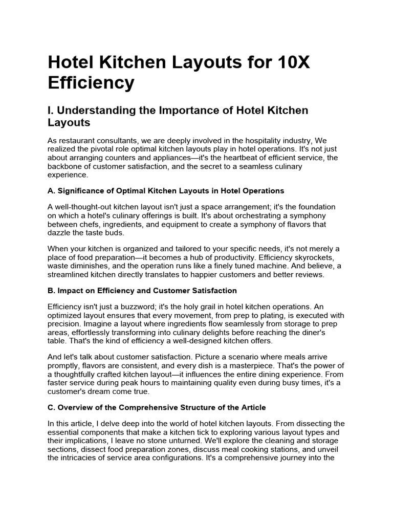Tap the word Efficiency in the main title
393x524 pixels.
coord(91,82)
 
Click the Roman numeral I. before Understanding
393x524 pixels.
coord(51,111)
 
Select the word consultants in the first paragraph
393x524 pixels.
coord(120,140)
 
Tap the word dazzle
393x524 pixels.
coord(60,233)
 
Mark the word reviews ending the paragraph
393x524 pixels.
coord(309,275)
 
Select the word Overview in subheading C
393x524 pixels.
coord(76,407)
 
